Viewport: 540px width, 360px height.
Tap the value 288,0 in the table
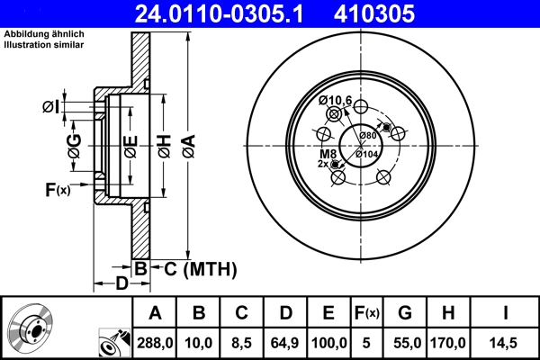[155, 343]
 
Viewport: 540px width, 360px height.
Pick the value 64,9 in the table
[285, 343]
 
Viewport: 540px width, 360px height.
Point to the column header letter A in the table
[155, 314]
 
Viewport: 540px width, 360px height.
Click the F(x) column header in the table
[366, 314]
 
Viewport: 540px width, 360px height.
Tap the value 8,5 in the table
[241, 343]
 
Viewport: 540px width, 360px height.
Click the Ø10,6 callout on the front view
[336, 99]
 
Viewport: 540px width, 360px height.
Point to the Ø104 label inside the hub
[366, 154]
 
